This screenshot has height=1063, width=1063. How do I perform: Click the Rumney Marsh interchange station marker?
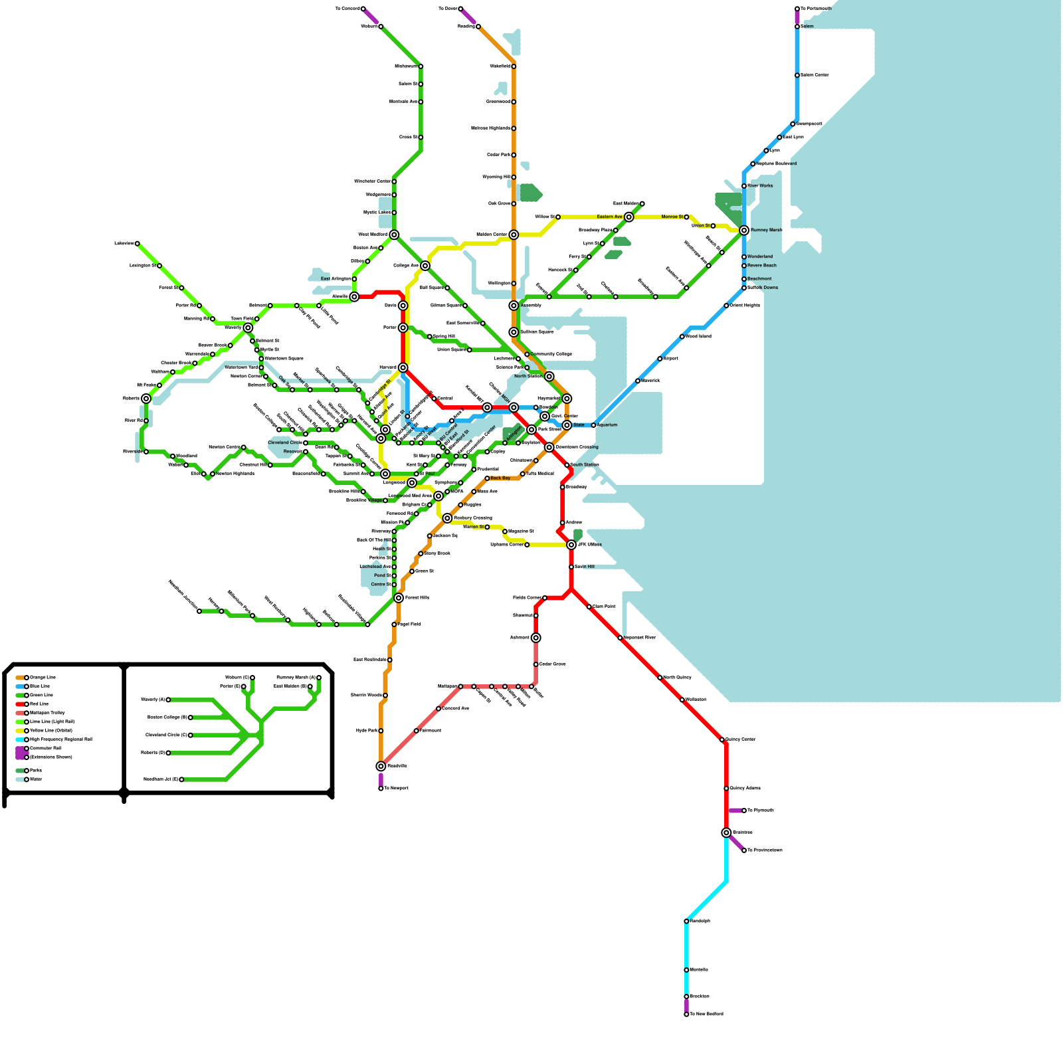pyautogui.click(x=744, y=231)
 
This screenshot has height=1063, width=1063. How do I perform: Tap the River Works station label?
pyautogui.click(x=760, y=186)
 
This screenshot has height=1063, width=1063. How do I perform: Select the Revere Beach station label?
pyautogui.click(x=761, y=266)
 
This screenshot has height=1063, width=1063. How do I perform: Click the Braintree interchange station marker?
pyautogui.click(x=726, y=832)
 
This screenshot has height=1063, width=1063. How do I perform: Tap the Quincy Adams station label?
pyautogui.click(x=745, y=789)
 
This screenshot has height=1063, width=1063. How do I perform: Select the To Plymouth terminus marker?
pyautogui.click(x=744, y=811)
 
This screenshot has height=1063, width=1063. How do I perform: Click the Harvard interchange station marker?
pyautogui.click(x=403, y=367)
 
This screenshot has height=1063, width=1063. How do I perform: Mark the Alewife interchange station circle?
pyautogui.click(x=354, y=297)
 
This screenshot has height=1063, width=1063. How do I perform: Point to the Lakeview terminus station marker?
pyautogui.click(x=138, y=244)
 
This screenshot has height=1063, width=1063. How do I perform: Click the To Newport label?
pyautogui.click(x=396, y=789)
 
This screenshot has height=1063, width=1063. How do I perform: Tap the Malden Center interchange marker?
pyautogui.click(x=514, y=235)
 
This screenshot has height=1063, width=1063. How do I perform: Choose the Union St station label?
pyautogui.click(x=700, y=226)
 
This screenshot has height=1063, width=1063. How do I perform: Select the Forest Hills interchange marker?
pyautogui.click(x=399, y=598)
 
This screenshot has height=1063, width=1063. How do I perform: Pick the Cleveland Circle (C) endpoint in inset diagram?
pyautogui.click(x=191, y=735)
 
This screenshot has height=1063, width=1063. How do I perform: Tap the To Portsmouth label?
pyautogui.click(x=816, y=9)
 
